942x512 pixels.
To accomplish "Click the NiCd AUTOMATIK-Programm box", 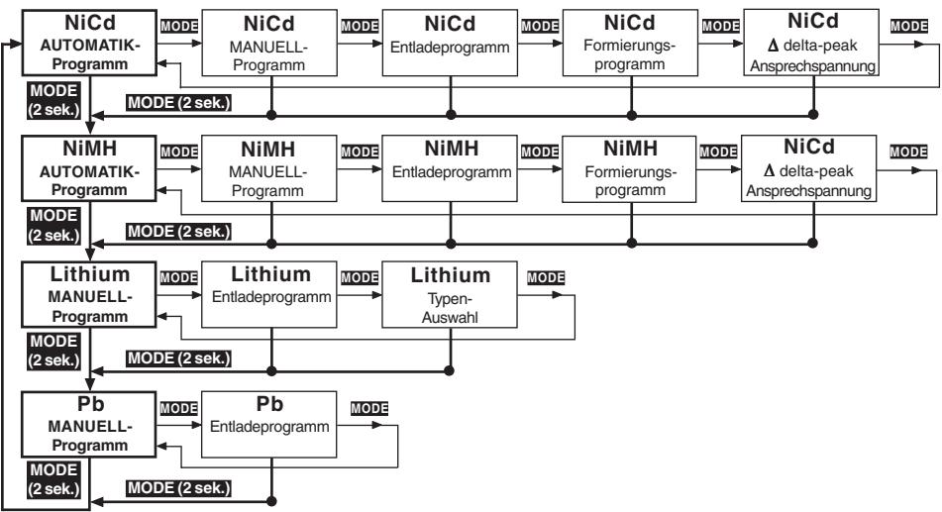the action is coord(89,43).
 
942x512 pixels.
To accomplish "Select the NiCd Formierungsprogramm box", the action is coord(630,43).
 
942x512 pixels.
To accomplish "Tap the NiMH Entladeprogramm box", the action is coord(450,168).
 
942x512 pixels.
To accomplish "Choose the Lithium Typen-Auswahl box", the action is coord(450,294).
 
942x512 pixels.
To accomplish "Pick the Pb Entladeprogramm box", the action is coord(268,424).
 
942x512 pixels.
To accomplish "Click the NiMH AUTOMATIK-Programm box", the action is coord(89,168).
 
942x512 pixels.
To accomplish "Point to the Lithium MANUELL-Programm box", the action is coord(89,294).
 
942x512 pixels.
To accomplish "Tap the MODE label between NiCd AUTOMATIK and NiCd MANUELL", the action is coord(179,26).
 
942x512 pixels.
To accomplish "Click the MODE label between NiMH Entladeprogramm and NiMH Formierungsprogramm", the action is coord(540,152).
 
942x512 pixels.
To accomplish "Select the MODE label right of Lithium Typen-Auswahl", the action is coord(546,277).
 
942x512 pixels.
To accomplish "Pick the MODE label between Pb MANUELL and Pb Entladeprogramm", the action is coord(179,409).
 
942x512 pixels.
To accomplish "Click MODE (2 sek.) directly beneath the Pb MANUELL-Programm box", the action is coord(54,479).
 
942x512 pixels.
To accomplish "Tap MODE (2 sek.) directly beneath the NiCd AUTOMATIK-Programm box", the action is coord(54,100).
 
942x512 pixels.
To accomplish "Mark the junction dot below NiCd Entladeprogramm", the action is coord(451,115).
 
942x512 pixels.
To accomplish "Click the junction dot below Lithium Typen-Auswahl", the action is coord(449,370).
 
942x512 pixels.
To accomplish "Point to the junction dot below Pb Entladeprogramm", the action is coord(271,501).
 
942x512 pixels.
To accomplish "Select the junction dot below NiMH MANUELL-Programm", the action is coord(271,244).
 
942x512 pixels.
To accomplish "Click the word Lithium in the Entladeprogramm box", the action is coord(271,274).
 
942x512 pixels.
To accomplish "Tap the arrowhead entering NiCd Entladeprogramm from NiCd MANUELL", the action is coord(376,44).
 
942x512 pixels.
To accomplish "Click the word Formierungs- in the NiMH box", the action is coord(631,172).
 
